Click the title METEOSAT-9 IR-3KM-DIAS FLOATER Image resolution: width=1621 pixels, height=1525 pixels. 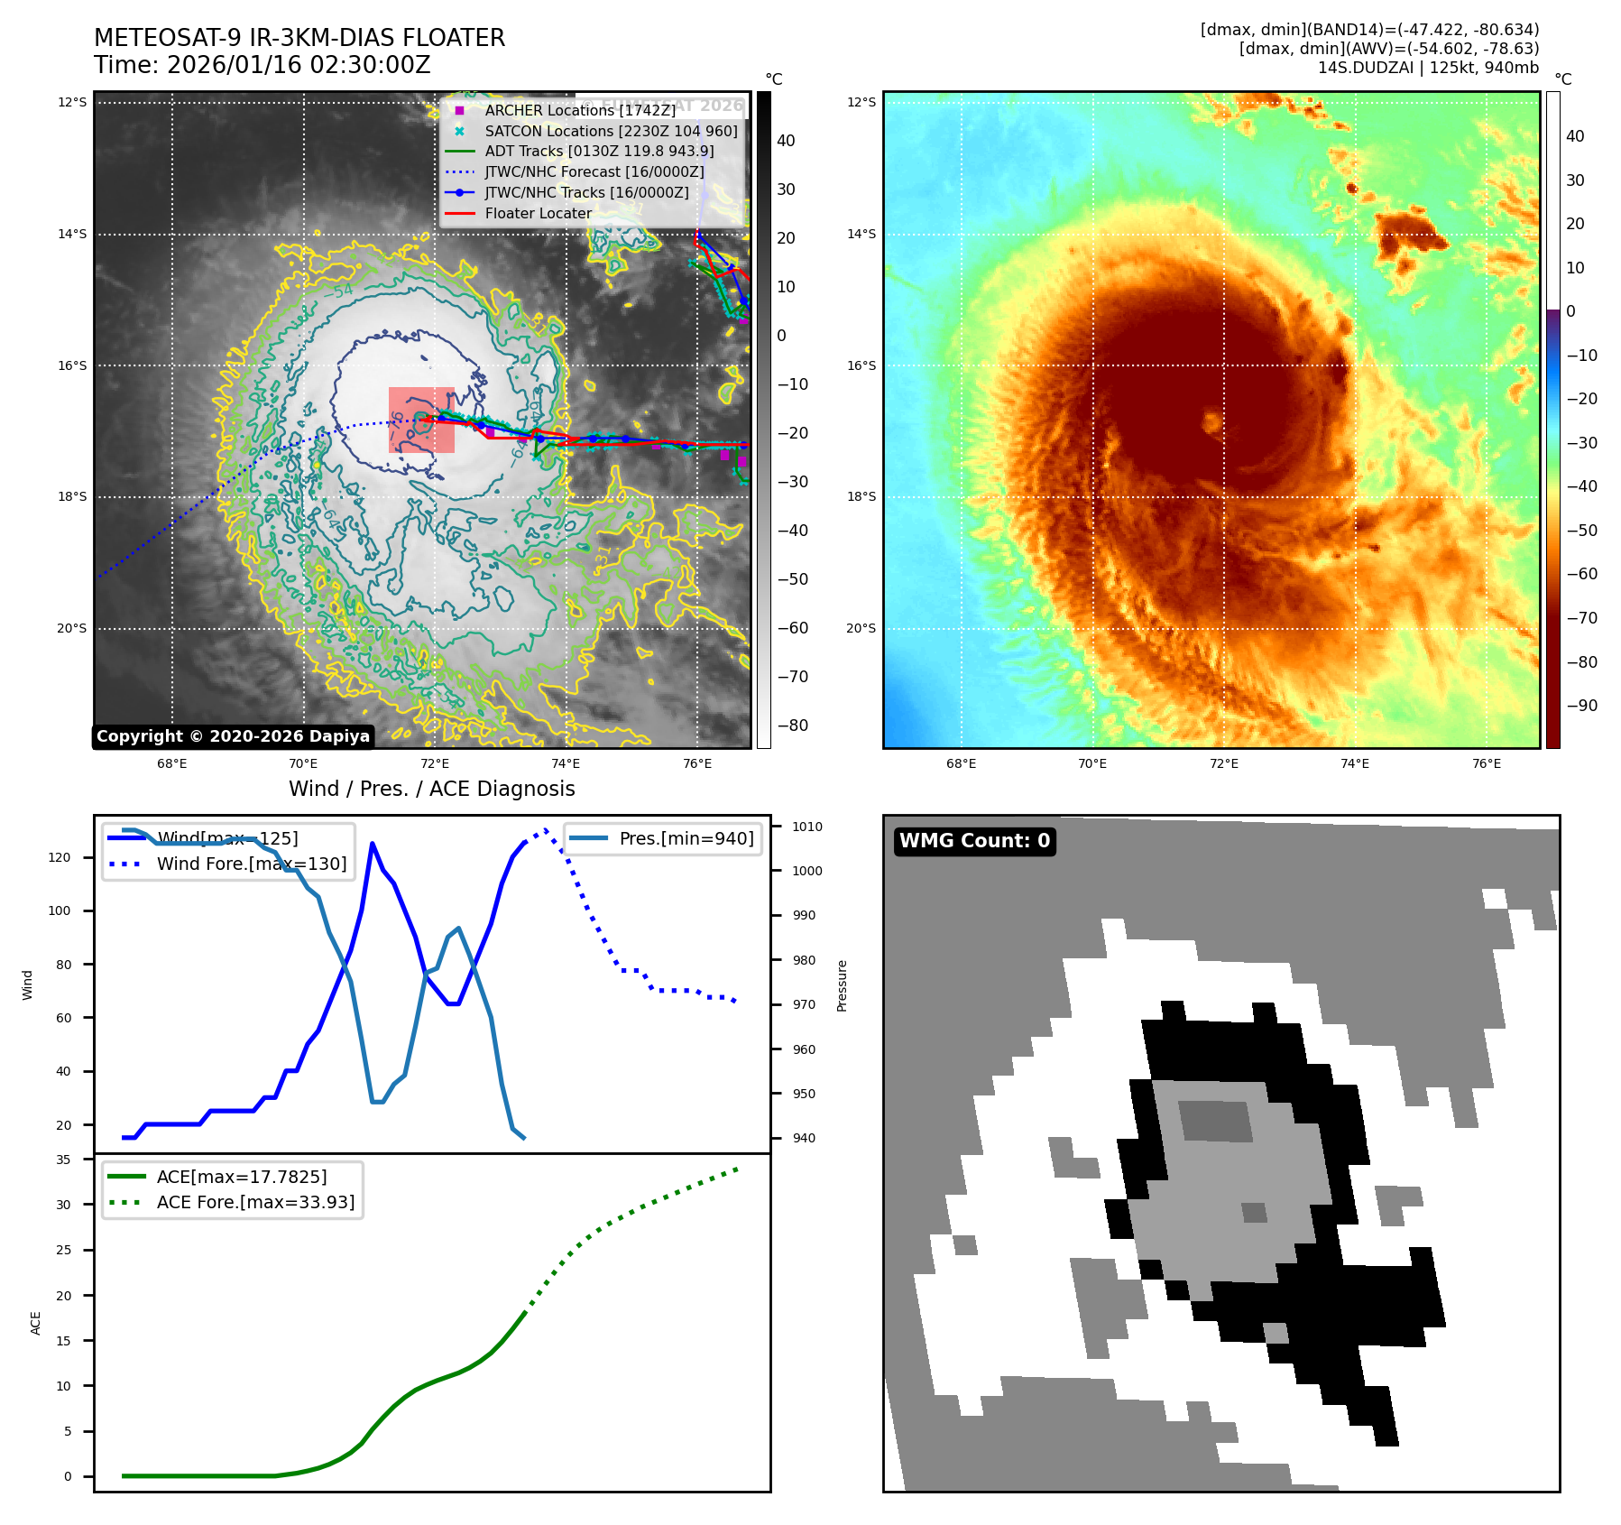tap(299, 38)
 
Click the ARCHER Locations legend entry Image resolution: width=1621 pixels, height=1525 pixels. tap(579, 110)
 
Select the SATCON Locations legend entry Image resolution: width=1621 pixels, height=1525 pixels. tap(611, 131)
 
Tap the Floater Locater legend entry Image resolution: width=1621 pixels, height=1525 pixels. tap(538, 213)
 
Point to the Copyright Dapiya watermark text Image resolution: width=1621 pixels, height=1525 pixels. tap(233, 736)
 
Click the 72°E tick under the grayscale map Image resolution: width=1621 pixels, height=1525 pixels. tap(435, 764)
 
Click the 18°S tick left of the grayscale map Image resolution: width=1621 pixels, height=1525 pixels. tap(72, 497)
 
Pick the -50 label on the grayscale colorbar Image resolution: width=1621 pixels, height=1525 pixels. tap(793, 579)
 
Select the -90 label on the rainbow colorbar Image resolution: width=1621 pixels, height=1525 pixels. tap(1581, 706)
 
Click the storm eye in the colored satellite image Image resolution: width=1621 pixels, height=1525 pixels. tap(1211, 421)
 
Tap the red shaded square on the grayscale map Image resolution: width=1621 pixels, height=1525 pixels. tap(421, 420)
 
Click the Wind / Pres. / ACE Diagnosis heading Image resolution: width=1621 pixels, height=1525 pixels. tap(431, 789)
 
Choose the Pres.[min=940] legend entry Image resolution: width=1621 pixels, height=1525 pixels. tap(686, 838)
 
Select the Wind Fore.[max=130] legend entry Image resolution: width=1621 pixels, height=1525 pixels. tap(251, 864)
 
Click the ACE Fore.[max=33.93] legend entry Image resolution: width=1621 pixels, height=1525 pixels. tap(255, 1202)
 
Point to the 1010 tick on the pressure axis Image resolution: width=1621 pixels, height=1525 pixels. tap(807, 827)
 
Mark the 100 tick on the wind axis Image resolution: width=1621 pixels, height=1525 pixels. tap(60, 910)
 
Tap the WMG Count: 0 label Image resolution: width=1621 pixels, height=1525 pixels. tap(974, 841)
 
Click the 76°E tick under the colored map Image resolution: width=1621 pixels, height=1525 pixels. tap(1487, 764)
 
